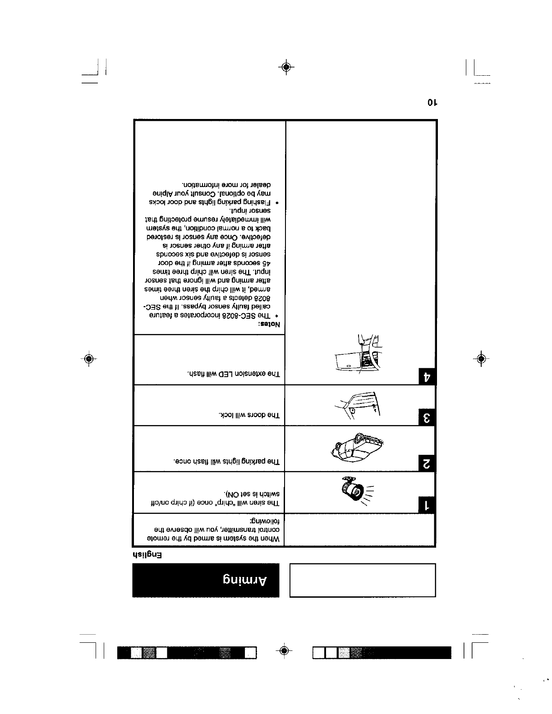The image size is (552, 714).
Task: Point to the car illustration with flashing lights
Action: click(x=355, y=448)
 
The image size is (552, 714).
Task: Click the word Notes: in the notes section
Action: click(x=269, y=325)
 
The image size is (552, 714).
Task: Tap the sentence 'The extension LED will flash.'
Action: click(x=234, y=374)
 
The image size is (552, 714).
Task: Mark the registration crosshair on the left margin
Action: click(x=89, y=359)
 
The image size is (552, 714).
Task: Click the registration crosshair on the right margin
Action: click(x=481, y=359)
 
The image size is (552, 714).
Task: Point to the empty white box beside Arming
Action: click(x=363, y=580)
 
